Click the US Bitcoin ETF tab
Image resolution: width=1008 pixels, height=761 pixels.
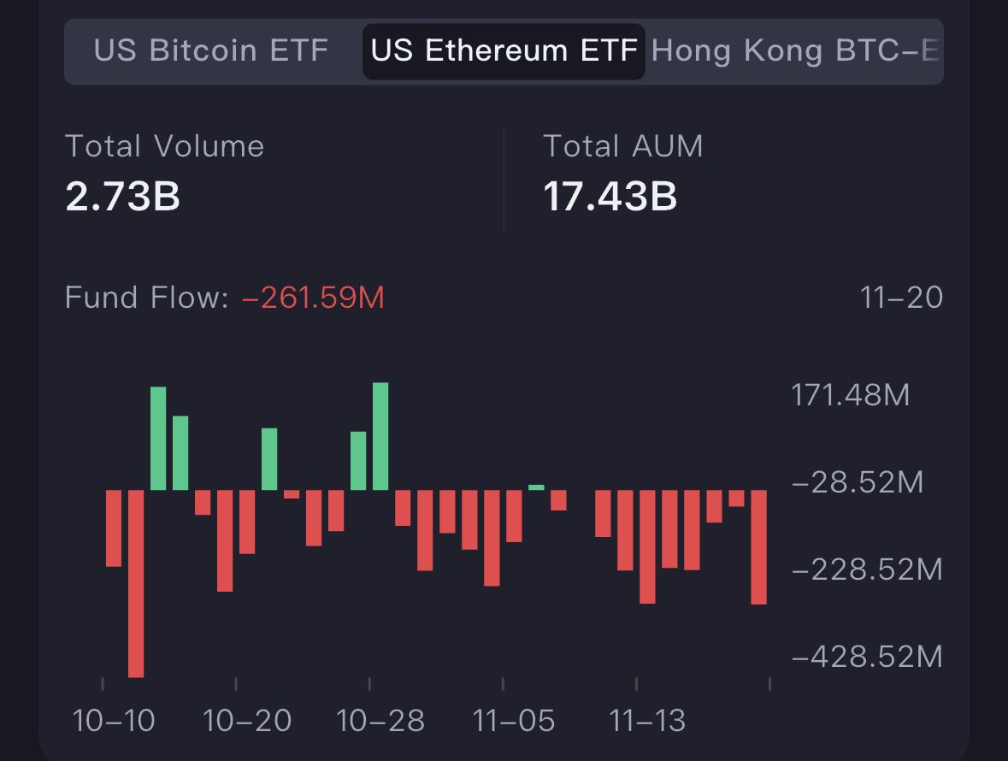[210, 50]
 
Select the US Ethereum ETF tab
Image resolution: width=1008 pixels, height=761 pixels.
[504, 51]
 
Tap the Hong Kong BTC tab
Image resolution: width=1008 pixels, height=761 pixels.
[795, 51]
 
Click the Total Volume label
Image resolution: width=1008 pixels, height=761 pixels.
[165, 146]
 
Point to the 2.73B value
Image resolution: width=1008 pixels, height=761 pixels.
[122, 197]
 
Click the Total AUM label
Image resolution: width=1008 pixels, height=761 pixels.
[623, 146]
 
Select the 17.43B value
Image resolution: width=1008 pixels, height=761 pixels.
[610, 197]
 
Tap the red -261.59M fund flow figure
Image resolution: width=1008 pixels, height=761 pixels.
[313, 298]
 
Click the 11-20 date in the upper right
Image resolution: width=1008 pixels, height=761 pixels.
[901, 298]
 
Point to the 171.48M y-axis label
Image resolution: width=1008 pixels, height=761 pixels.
[851, 396]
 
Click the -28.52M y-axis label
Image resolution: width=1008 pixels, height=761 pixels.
[858, 483]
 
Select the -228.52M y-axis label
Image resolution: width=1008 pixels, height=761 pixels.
[867, 569]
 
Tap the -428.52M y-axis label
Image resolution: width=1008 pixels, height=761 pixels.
[867, 657]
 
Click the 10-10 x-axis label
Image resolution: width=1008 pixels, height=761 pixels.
[114, 721]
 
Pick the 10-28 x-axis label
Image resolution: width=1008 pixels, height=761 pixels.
[380, 721]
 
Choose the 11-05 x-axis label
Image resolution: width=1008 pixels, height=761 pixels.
[514, 721]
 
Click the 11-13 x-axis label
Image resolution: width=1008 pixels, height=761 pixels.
[647, 721]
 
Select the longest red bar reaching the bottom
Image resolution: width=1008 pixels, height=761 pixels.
[136, 583]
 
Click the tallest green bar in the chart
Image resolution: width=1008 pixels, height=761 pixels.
[380, 436]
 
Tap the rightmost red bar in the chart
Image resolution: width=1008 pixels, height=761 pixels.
[758, 547]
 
